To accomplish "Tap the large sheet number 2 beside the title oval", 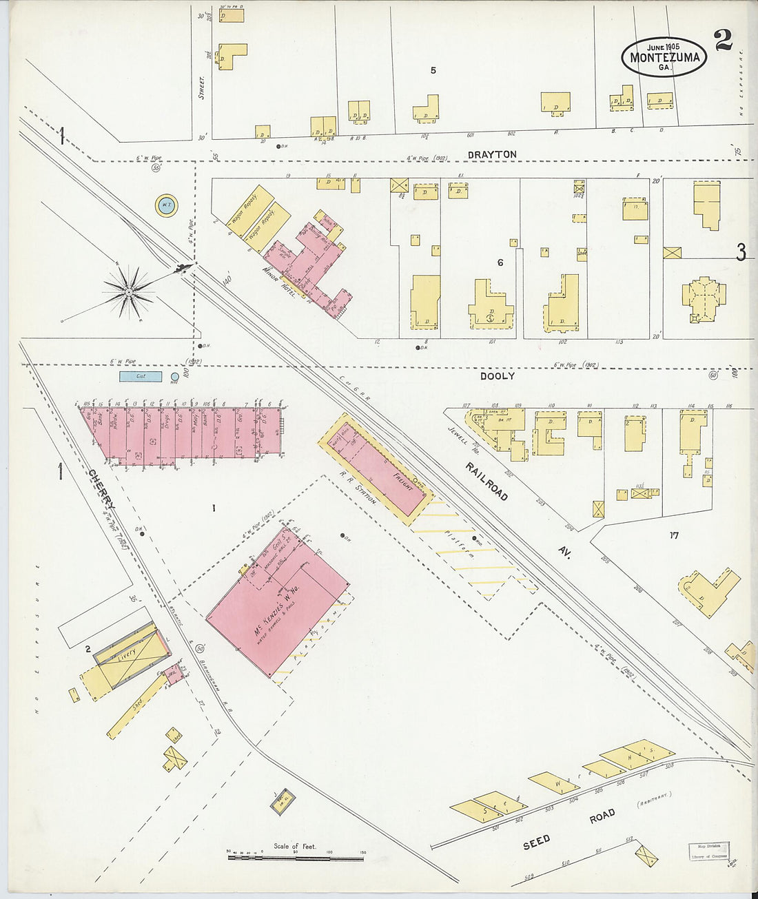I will (723, 41).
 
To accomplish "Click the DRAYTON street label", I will (491, 155).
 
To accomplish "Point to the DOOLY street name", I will (498, 377).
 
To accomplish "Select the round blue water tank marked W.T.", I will (166, 205).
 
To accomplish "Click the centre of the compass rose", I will (129, 293).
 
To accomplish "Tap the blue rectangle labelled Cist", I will (141, 377).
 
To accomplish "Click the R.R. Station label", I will (361, 489).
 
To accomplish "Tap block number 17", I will (673, 535).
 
